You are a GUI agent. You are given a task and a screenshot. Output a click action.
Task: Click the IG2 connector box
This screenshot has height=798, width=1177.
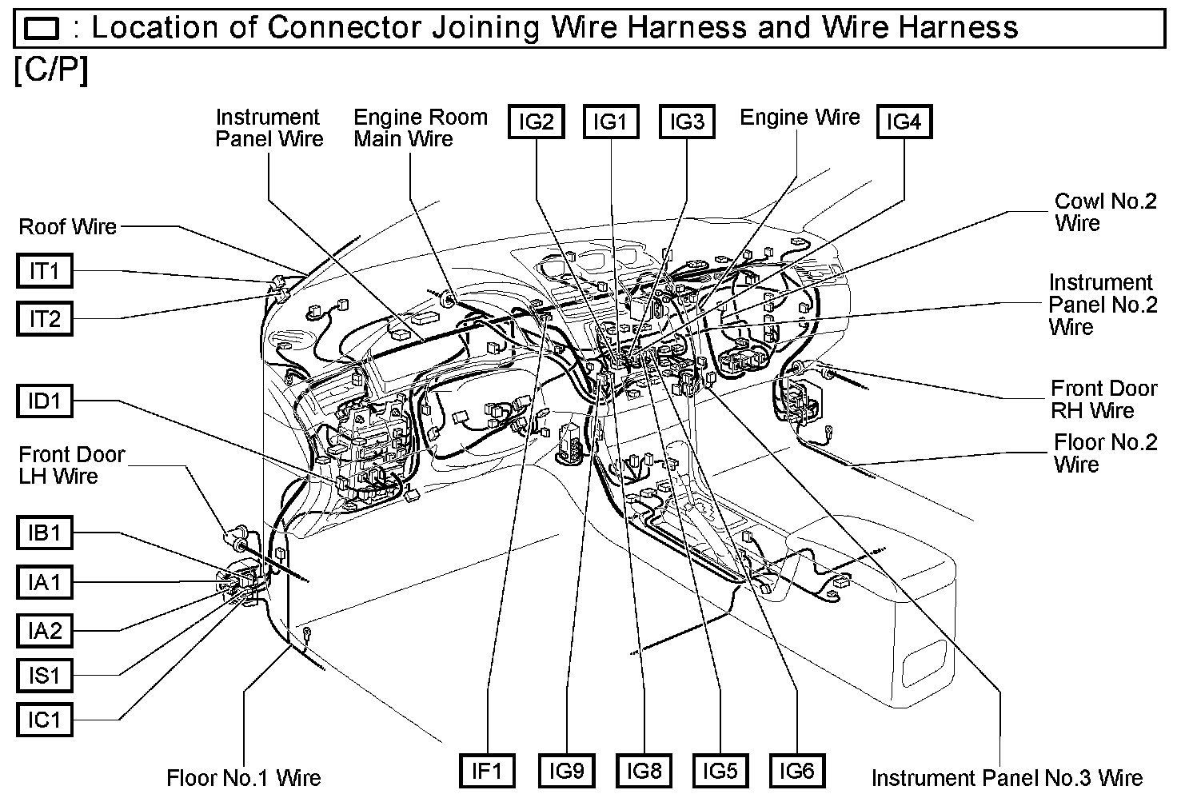(537, 122)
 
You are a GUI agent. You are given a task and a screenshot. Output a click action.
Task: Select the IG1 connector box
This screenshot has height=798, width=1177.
(611, 122)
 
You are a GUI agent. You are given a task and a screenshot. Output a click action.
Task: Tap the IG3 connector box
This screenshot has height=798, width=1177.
(687, 122)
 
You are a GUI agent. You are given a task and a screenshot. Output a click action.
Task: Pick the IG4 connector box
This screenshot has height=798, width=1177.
(904, 122)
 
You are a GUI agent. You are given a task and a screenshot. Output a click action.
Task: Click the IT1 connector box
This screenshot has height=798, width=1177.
(45, 271)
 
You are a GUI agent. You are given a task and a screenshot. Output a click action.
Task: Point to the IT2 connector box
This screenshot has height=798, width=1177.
(45, 319)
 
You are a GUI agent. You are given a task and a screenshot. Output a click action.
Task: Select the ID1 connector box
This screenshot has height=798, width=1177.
(45, 401)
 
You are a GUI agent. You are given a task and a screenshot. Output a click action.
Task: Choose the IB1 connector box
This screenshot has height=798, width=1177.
(45, 533)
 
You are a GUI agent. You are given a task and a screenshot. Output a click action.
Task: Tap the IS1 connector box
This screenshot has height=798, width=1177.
(45, 676)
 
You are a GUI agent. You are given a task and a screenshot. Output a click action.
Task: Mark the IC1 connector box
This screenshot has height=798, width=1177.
(45, 720)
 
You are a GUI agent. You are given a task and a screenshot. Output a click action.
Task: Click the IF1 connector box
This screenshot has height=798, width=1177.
(487, 771)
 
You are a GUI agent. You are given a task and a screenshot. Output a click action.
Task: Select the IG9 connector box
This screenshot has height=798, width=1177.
(566, 771)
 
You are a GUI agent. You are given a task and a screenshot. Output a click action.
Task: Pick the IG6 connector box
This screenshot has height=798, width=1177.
(797, 771)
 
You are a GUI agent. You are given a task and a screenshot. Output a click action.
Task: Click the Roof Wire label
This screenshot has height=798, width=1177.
(68, 227)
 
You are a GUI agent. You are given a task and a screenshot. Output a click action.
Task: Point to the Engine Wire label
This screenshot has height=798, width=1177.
(800, 118)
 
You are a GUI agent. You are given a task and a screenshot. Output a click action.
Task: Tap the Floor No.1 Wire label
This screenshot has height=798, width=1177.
(244, 777)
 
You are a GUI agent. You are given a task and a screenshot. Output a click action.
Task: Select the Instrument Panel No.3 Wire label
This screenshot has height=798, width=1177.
(1007, 777)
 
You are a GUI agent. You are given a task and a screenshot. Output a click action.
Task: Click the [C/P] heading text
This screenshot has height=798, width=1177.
(51, 71)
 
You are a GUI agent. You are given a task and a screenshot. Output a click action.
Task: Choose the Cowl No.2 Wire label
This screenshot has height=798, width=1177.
(1106, 212)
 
